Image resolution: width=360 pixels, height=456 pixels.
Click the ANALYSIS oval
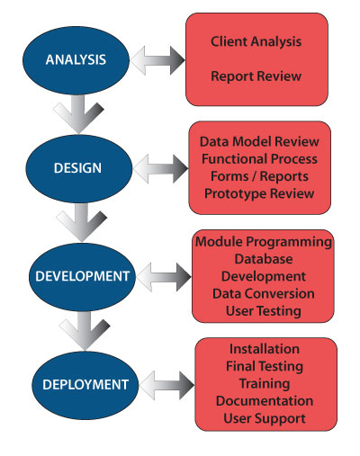(x=76, y=60)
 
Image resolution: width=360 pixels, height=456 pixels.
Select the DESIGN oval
(x=78, y=168)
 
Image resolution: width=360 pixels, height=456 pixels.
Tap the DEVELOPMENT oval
(x=82, y=277)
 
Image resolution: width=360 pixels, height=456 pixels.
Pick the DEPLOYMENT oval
(x=85, y=385)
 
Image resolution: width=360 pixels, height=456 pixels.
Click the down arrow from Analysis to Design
(x=78, y=115)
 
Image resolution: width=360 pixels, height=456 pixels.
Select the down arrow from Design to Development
(x=82, y=223)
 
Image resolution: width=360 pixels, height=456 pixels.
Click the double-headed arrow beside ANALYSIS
(x=157, y=60)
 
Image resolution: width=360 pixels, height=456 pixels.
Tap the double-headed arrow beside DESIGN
(x=161, y=169)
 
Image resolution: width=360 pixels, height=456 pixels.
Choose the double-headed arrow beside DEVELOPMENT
(x=164, y=277)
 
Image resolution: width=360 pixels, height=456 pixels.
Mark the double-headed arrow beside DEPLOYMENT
(x=166, y=385)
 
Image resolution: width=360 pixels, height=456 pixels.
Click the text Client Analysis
(x=256, y=41)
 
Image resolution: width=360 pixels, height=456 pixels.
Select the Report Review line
(x=256, y=76)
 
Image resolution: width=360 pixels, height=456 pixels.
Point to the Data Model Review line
(x=259, y=142)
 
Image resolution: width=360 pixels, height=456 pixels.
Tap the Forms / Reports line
(x=259, y=176)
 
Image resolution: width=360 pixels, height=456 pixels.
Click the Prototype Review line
(x=259, y=193)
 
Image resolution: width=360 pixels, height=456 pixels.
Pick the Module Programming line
(x=264, y=242)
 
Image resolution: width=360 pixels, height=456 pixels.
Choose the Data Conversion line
(x=264, y=294)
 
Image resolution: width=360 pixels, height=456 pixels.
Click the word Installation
(x=265, y=349)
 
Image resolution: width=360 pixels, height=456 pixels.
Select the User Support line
(x=265, y=418)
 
